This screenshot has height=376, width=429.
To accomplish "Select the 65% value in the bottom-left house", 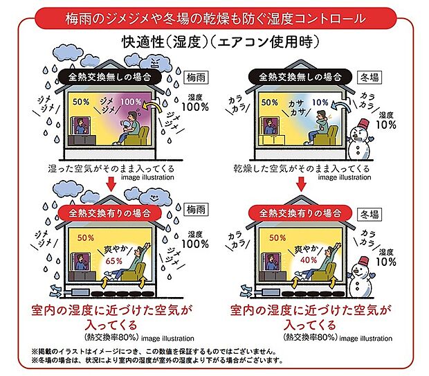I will click(x=113, y=261).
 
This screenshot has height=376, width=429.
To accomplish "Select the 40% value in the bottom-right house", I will click(x=309, y=261).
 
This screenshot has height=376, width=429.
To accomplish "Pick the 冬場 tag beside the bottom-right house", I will click(x=390, y=208).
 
